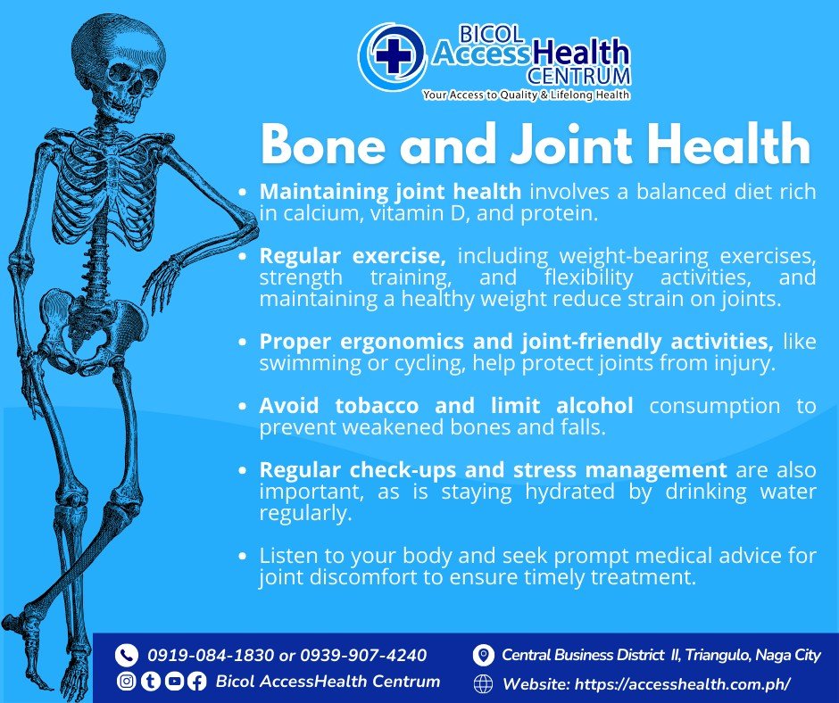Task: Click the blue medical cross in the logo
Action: pyautogui.click(x=394, y=55)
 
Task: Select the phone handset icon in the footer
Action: pyautogui.click(x=126, y=655)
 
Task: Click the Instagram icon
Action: pyautogui.click(x=126, y=681)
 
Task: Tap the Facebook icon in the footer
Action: pyautogui.click(x=196, y=681)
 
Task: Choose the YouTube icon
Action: pyautogui.click(x=173, y=681)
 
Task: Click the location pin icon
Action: pyautogui.click(x=483, y=656)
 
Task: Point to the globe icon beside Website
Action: pyautogui.click(x=484, y=683)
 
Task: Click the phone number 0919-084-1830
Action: pyautogui.click(x=211, y=656)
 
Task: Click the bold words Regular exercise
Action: pyautogui.click(x=353, y=256)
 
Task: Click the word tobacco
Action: pyautogui.click(x=377, y=406)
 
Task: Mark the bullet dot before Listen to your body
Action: pyautogui.click(x=243, y=556)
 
